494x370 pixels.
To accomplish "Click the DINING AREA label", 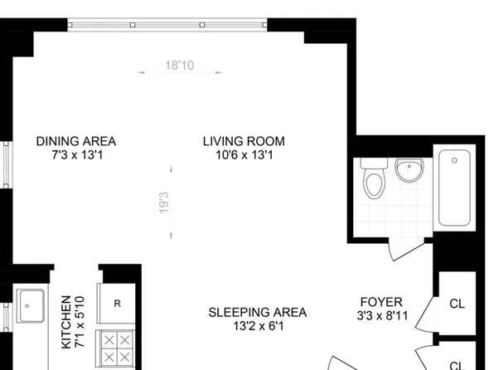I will point(75,140).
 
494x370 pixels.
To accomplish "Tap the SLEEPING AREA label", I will point(257,313).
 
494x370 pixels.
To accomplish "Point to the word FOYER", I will point(381,301).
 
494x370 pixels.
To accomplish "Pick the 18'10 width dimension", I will point(178,65).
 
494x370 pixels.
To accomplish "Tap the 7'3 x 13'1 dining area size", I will point(75,154).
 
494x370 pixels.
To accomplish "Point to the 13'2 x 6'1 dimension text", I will point(257,326).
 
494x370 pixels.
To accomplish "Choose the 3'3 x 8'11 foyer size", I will point(381,315).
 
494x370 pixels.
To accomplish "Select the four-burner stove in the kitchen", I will point(115,347).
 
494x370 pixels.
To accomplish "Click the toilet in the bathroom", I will point(374,179).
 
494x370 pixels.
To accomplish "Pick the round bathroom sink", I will point(408,170).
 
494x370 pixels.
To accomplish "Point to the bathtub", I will point(457,188).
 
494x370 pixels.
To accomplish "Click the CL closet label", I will point(457,304).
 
